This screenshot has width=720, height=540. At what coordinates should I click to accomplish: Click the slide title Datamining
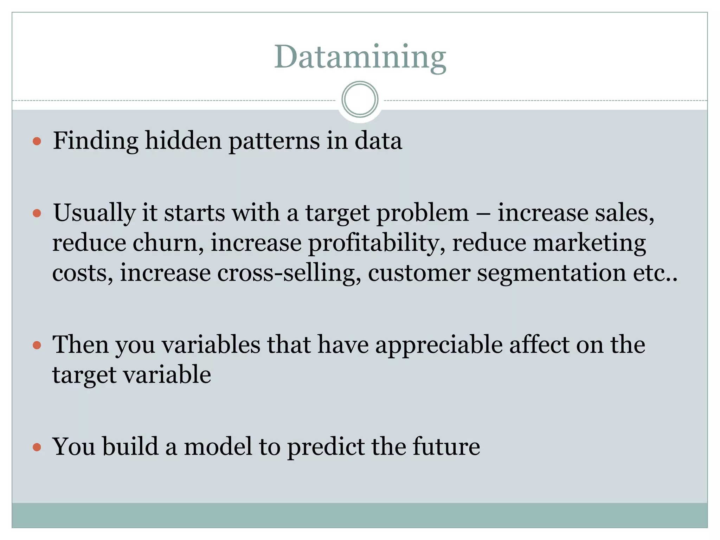pyautogui.click(x=360, y=57)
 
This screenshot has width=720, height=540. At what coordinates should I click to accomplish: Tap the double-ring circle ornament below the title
pyautogui.click(x=360, y=99)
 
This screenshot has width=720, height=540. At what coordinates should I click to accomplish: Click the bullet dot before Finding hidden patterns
pyautogui.click(x=37, y=141)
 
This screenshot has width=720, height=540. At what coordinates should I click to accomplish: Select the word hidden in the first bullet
pyautogui.click(x=183, y=141)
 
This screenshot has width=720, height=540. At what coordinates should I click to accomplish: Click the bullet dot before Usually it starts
pyautogui.click(x=37, y=213)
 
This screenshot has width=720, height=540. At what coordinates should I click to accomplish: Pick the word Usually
pyautogui.click(x=94, y=213)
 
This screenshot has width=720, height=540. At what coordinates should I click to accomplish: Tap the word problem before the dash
pyautogui.click(x=423, y=213)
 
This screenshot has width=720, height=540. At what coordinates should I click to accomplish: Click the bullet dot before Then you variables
pyautogui.click(x=37, y=345)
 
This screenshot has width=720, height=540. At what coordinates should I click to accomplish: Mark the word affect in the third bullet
pyautogui.click(x=540, y=345)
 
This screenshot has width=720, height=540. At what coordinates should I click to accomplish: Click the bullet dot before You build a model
pyautogui.click(x=37, y=447)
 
